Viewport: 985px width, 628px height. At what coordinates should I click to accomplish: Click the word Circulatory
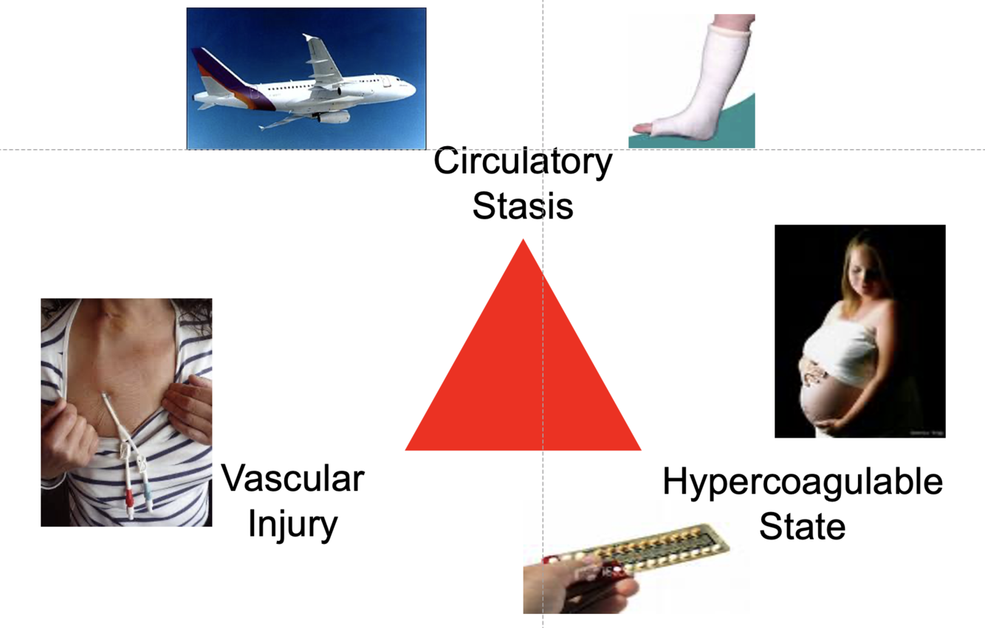(x=523, y=162)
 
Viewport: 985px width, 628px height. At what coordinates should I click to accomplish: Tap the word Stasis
(x=523, y=206)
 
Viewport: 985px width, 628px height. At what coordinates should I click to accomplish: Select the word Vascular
(x=293, y=479)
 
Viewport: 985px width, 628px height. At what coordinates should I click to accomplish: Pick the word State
(x=803, y=527)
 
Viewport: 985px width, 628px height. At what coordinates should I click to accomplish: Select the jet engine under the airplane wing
(x=332, y=116)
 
